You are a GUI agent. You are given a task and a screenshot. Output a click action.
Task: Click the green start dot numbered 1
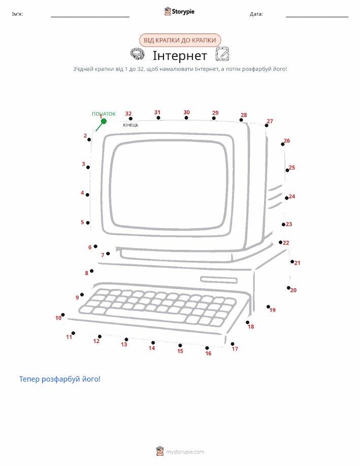click(x=104, y=121)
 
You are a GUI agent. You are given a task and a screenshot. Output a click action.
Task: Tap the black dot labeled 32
click(x=130, y=118)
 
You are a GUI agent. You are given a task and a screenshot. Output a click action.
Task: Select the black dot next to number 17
click(x=233, y=344)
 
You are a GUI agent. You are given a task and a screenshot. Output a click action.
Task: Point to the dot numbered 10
click(x=63, y=315)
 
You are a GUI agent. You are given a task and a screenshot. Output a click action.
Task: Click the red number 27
click(x=270, y=121)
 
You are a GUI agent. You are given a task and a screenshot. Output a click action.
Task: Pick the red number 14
click(x=152, y=348)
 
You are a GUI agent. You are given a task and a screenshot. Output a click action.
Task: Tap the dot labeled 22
click(x=280, y=242)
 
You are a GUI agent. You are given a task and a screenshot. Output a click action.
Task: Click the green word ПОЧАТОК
click(x=104, y=114)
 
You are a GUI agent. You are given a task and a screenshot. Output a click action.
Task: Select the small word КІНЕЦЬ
click(x=130, y=125)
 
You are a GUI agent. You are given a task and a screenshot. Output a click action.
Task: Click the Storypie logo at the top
click(x=179, y=12)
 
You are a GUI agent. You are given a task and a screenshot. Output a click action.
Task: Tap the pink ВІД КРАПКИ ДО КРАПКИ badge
click(x=180, y=40)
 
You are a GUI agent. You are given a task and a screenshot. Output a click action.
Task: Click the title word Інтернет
click(x=180, y=55)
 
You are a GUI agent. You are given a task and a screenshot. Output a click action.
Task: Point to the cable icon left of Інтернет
click(x=138, y=54)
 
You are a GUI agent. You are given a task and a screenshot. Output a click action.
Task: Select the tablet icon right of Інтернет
click(x=222, y=54)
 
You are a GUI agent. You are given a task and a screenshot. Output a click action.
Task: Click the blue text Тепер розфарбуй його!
click(x=60, y=379)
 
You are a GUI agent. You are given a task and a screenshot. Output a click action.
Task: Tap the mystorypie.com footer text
click(x=185, y=452)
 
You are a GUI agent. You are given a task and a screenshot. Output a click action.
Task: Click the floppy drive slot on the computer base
click(x=219, y=280)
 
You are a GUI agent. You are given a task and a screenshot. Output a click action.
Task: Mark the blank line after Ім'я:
click(x=90, y=17)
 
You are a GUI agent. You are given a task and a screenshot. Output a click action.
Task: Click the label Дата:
click(x=256, y=14)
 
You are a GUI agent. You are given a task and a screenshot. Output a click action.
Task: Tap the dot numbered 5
click(x=88, y=223)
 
